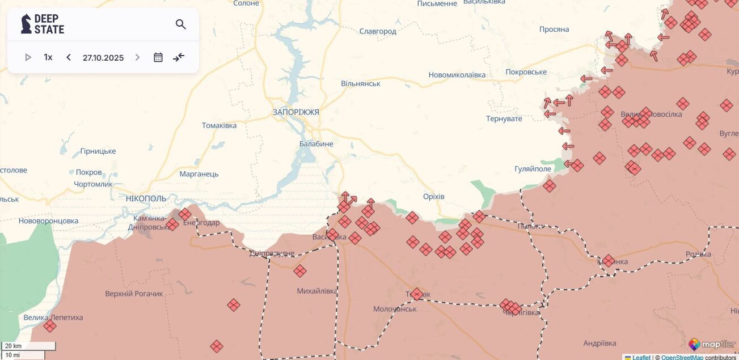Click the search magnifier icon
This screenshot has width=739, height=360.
tap(181, 24)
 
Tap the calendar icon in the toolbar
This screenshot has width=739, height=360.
tap(158, 57)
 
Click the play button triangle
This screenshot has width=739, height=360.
tap(28, 57)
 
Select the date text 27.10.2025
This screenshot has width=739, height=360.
tap(103, 57)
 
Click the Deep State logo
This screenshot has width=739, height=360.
tap(43, 24)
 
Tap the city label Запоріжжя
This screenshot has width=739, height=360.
tap(295, 112)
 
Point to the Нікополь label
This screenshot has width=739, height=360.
tap(146, 198)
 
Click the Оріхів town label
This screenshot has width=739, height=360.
tap(434, 197)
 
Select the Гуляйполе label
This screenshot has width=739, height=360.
tap(533, 169)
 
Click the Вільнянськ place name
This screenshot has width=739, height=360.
tap(361, 84)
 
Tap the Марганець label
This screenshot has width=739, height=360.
tap(199, 174)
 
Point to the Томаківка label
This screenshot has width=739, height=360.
tap(219, 125)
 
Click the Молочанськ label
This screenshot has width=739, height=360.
tap(395, 309)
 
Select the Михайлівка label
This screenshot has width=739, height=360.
tap(317, 291)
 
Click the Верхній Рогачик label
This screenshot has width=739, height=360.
tap(134, 294)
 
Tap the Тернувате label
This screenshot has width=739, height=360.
tap(504, 118)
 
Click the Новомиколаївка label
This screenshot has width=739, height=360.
tap(457, 75)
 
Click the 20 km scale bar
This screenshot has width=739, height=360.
tap(29, 346)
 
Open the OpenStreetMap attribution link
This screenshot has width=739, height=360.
tap(682, 357)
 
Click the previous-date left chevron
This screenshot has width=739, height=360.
tap(69, 57)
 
